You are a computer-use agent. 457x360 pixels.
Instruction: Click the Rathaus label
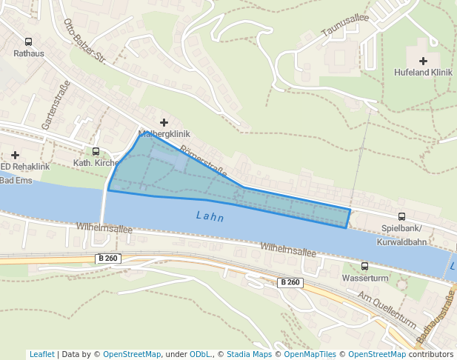[x=28, y=53]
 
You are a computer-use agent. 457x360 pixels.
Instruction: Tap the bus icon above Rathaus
[x=28, y=42]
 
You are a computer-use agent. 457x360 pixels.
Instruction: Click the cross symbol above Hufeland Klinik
[x=423, y=61]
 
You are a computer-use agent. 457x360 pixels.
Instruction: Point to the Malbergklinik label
[x=164, y=134]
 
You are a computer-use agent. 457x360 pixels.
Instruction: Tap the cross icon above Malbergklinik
[x=164, y=122]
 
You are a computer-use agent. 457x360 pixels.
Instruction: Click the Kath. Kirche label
[x=96, y=162]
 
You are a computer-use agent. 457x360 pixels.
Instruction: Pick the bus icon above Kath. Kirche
[x=96, y=151]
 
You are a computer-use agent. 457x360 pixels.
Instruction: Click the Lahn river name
[x=210, y=217]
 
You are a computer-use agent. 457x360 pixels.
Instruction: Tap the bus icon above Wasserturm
[x=364, y=266]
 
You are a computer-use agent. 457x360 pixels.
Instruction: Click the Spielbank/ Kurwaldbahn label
[x=402, y=235]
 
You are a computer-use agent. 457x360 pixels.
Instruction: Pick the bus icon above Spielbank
[x=402, y=216]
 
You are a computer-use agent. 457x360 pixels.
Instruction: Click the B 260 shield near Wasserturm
[x=290, y=282]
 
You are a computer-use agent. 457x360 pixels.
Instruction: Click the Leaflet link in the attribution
[x=41, y=354]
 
